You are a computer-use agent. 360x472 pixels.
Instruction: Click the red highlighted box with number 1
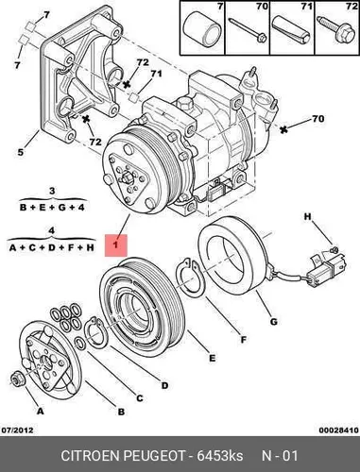116,244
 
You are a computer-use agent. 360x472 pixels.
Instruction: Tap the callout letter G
274,322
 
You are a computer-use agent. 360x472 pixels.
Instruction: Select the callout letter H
307,216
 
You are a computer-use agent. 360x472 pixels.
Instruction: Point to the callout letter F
243,340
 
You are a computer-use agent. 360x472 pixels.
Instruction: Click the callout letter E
213,358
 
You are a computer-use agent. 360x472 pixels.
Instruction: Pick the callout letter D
164,385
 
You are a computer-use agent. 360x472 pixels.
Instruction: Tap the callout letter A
40,411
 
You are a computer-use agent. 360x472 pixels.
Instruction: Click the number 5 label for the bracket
20,152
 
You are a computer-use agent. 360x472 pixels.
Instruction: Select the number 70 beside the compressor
317,119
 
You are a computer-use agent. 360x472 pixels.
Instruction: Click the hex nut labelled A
15,379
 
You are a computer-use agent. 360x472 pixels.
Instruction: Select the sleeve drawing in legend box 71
292,29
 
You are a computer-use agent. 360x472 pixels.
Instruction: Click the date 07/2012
18,430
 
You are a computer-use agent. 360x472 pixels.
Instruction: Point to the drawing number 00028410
338,430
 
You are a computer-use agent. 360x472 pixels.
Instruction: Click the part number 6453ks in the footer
220,456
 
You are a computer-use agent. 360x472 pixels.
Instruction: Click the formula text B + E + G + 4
52,208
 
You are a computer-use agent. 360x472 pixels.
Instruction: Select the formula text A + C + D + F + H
52,248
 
